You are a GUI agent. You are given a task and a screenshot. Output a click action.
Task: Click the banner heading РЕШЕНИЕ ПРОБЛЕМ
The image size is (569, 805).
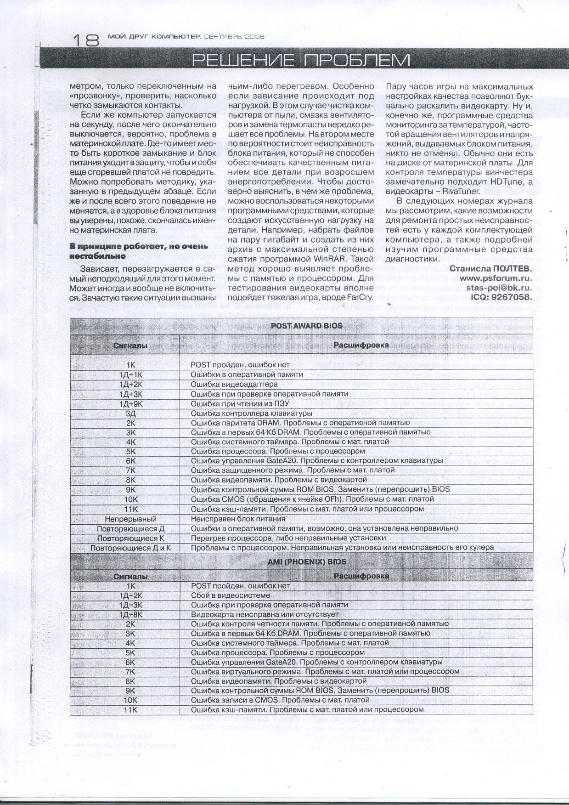pos(300,60)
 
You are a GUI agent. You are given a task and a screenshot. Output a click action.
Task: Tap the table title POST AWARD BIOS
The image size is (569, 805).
pos(306,326)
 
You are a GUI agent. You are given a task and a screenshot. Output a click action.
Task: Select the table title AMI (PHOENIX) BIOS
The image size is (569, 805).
pos(307,561)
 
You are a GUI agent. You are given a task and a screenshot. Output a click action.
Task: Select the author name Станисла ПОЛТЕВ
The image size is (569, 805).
pos(491,268)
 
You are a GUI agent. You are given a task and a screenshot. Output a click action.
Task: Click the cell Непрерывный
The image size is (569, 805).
pos(131,519)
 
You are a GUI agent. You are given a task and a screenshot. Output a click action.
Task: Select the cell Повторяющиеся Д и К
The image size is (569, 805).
pos(131,548)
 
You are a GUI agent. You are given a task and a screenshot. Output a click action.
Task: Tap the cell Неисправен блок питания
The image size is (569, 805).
pos(238,519)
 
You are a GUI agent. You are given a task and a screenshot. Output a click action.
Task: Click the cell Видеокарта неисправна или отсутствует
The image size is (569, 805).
pos(265,614)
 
